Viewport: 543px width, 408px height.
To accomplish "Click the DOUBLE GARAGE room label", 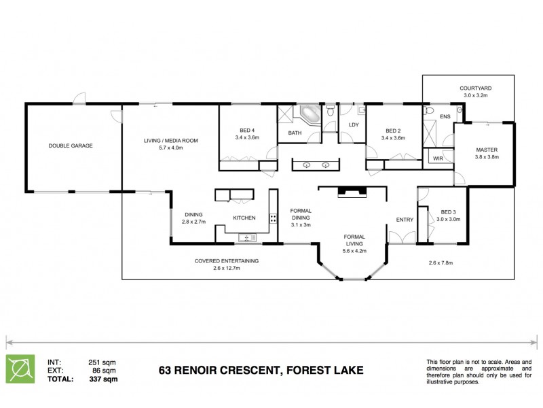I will pyautogui.click(x=71, y=146).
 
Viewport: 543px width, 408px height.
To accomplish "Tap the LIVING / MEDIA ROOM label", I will pyautogui.click(x=170, y=141).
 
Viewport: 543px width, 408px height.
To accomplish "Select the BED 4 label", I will pyautogui.click(x=247, y=131).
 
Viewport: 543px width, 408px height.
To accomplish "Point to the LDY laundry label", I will pyautogui.click(x=353, y=125).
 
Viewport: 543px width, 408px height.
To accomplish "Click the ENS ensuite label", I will pyautogui.click(x=445, y=117).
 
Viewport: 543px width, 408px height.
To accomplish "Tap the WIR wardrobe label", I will pyautogui.click(x=438, y=158).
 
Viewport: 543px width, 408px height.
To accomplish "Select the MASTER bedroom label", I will pyautogui.click(x=487, y=150).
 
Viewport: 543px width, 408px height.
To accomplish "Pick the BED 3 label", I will pyautogui.click(x=448, y=211).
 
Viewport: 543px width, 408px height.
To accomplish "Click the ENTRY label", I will pyautogui.click(x=405, y=219).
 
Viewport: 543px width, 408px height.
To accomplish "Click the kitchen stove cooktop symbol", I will pyautogui.click(x=274, y=218).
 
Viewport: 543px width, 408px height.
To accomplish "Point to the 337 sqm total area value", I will pyautogui.click(x=103, y=379).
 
